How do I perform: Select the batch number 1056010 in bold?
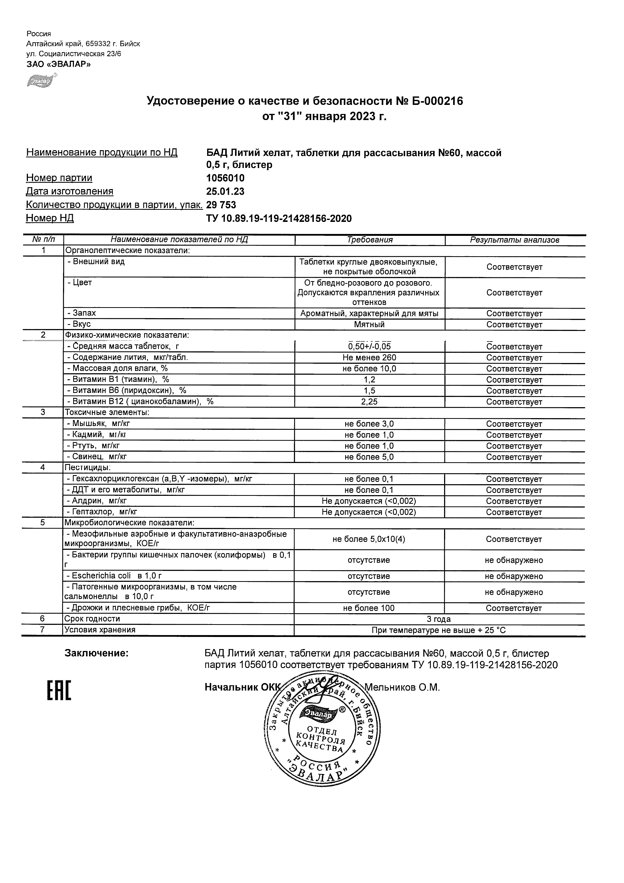click(x=225, y=178)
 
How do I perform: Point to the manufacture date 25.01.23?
click(x=225, y=192)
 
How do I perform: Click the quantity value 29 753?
click(x=221, y=205)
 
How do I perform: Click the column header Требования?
click(x=369, y=240)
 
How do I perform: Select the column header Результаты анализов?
click(x=515, y=240)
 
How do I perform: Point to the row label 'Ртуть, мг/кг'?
click(x=96, y=446)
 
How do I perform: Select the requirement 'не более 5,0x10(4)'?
click(x=369, y=539)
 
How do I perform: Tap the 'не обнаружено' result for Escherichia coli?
click(x=514, y=576)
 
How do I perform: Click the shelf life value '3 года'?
click(x=439, y=619)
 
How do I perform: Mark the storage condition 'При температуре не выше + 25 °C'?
click(x=439, y=630)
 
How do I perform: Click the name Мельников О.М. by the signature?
click(x=402, y=687)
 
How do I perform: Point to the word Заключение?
click(x=97, y=654)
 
